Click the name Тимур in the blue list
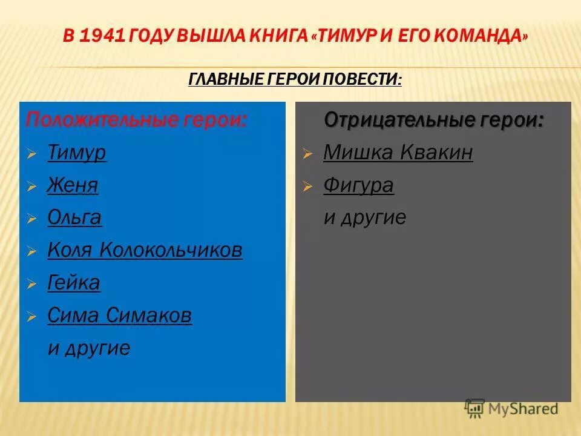coord(76,153)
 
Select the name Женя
coord(73,185)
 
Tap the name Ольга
coord(74,217)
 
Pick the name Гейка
coord(74,283)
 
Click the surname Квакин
coord(436,153)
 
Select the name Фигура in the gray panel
coord(358,185)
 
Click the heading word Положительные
coord(99,119)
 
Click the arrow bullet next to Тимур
coord(32,154)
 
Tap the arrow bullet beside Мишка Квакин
coord(308,154)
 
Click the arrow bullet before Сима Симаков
coord(32,317)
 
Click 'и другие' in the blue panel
coord(88,348)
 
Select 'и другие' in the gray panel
coord(364,217)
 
